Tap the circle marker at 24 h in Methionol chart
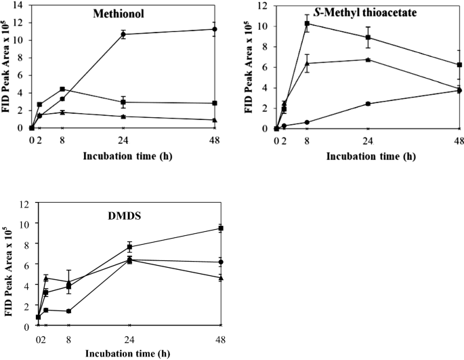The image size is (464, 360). click(123, 34)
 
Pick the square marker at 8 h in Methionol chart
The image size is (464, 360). click(62, 89)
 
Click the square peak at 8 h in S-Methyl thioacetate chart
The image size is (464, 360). click(307, 24)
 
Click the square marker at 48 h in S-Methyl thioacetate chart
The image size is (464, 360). click(459, 65)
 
